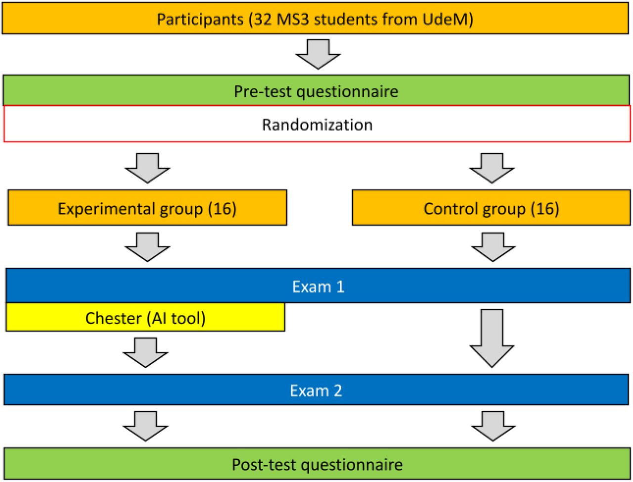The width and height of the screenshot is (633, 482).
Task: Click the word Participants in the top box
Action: [200, 20]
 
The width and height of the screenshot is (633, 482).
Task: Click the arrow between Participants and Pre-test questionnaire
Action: [318, 54]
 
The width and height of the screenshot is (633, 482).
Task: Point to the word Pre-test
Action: [263, 92]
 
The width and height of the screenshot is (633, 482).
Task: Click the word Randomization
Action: [317, 125]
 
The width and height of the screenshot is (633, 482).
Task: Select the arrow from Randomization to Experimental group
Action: [147, 168]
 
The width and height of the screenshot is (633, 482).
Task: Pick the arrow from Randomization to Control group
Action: [492, 168]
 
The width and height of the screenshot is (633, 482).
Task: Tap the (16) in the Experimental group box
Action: [222, 208]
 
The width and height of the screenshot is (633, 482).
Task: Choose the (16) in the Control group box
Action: [545, 208]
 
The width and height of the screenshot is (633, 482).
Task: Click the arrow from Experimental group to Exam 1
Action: [147, 247]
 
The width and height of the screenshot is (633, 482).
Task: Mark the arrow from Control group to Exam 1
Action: [493, 247]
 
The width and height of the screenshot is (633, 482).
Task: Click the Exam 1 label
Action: [318, 287]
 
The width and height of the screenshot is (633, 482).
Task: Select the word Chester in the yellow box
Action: [113, 318]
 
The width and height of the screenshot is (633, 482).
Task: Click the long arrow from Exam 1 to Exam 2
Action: [492, 338]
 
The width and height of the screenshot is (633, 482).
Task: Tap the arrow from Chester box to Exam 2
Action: [145, 352]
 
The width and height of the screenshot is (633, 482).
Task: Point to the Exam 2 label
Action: [316, 391]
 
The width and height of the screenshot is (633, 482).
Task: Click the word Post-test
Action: [265, 465]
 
